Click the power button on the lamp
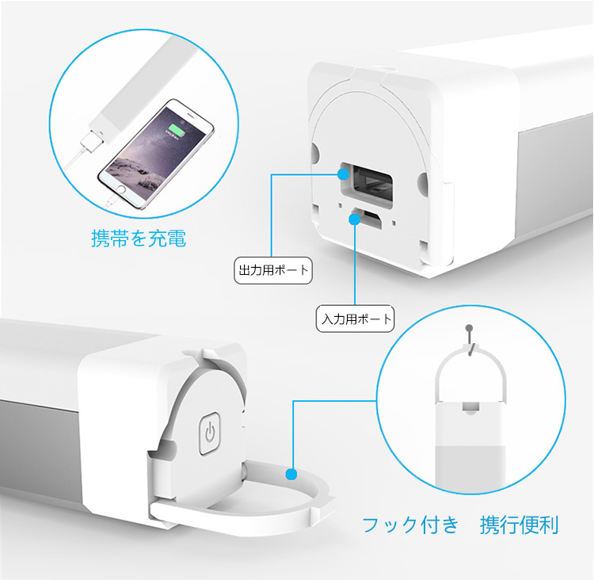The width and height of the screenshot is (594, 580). pyautogui.click(x=210, y=433)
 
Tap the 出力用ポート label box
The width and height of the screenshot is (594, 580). pyautogui.click(x=273, y=270)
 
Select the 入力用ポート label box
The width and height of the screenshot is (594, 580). pyautogui.click(x=356, y=319)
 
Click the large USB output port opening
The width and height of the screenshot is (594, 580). pyautogui.click(x=367, y=184)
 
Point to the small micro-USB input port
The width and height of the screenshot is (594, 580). pyautogui.click(x=367, y=219)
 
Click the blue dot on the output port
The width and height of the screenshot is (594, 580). pyautogui.click(x=343, y=174)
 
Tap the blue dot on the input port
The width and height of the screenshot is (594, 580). pyautogui.click(x=355, y=219)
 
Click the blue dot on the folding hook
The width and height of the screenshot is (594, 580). pyautogui.click(x=291, y=474)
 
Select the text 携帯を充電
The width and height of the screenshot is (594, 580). pyautogui.click(x=139, y=238)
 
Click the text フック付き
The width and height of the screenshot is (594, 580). pyautogui.click(x=410, y=525)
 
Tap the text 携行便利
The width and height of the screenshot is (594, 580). pyautogui.click(x=520, y=525)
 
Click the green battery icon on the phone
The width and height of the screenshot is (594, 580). pyautogui.click(x=177, y=129)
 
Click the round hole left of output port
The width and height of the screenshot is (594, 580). pyautogui.click(x=314, y=152)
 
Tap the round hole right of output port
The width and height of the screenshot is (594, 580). pyautogui.click(x=424, y=183)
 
